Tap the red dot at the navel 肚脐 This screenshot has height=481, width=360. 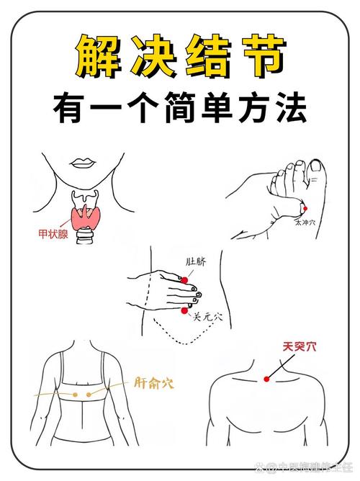(x=185, y=279)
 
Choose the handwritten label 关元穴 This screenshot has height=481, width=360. (x=207, y=316)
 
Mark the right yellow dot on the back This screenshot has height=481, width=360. (x=90, y=394)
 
